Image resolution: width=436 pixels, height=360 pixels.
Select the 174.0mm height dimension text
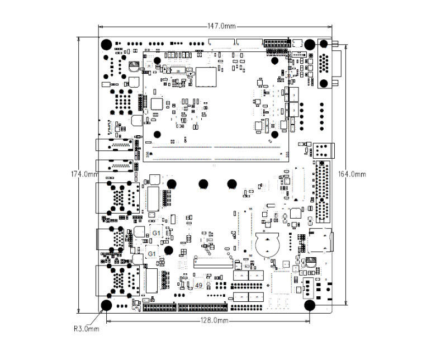tap(84, 174)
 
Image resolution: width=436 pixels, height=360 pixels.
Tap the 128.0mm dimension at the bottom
tap(215, 321)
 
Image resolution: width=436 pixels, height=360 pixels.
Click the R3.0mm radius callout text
tap(87, 329)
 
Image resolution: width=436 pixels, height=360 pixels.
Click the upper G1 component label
tap(157, 233)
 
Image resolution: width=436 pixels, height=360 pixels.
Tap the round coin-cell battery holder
tap(267, 243)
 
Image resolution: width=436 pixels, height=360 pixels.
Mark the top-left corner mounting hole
tap(106, 45)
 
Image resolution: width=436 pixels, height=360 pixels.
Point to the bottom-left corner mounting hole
tap(106, 305)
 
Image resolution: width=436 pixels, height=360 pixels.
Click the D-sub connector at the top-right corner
tap(325, 63)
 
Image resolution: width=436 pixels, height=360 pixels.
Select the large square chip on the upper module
tap(205, 77)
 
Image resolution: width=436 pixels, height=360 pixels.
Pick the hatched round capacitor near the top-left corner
tap(133, 67)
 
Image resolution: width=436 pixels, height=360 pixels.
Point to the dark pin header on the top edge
tap(277, 43)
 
